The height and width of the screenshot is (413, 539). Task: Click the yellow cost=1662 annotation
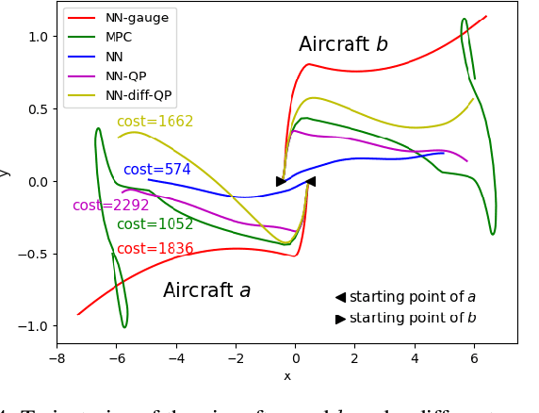[x=155, y=122]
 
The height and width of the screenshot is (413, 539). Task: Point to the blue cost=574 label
[x=156, y=170]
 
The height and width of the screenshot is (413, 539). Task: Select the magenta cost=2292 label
[x=110, y=206]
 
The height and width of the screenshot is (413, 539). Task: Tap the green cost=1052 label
[x=155, y=224]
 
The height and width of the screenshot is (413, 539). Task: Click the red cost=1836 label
[x=155, y=249]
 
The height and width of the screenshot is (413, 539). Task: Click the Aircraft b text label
[x=343, y=44]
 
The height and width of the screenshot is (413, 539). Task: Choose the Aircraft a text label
[x=206, y=290]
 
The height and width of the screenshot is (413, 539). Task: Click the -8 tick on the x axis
[x=57, y=358]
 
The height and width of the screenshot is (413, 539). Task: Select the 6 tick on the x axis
[x=474, y=358]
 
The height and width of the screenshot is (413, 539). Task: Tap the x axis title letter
[x=287, y=376]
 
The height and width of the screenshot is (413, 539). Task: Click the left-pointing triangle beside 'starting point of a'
[x=340, y=297]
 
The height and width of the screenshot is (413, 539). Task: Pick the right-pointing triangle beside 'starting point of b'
[x=340, y=319]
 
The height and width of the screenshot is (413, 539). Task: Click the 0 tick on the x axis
[x=295, y=358]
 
